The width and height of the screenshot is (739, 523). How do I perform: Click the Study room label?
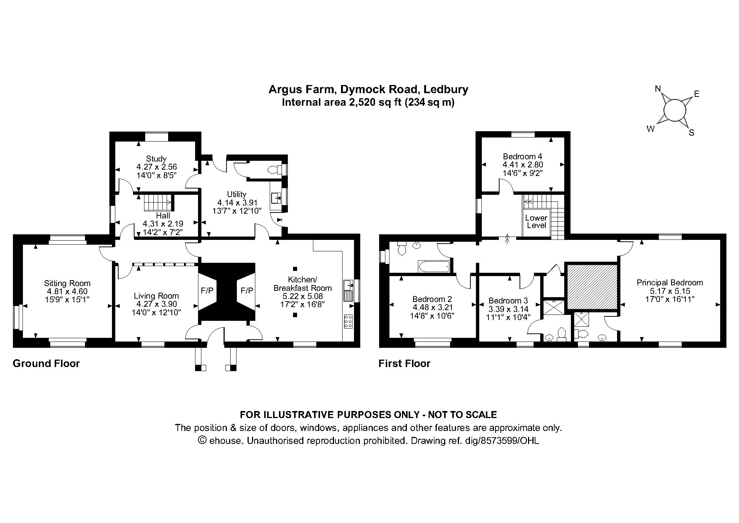click(156, 159)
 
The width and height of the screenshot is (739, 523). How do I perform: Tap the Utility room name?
click(237, 194)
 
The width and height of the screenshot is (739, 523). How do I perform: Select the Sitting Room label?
click(67, 283)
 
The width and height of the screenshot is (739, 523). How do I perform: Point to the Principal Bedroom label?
click(670, 283)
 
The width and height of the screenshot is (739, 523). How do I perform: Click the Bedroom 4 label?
click(523, 156)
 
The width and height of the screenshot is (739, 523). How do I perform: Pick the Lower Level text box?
click(537, 222)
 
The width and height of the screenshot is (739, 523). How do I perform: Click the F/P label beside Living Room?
click(207, 291)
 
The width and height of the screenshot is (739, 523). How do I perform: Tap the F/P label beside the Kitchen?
click(247, 291)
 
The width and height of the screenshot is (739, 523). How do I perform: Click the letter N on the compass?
click(658, 89)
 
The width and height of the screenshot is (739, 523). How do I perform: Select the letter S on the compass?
click(691, 133)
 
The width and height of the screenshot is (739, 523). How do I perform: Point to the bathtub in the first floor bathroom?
click(434, 266)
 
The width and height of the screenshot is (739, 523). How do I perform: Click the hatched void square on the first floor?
click(592, 286)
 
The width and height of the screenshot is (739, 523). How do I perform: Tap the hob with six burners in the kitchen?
click(348, 322)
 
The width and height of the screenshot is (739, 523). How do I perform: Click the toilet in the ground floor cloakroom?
click(275, 170)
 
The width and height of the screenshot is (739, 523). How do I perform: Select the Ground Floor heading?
click(46, 364)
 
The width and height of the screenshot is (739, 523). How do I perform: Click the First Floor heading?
click(405, 364)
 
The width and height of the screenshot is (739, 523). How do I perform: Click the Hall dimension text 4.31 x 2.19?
click(163, 224)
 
